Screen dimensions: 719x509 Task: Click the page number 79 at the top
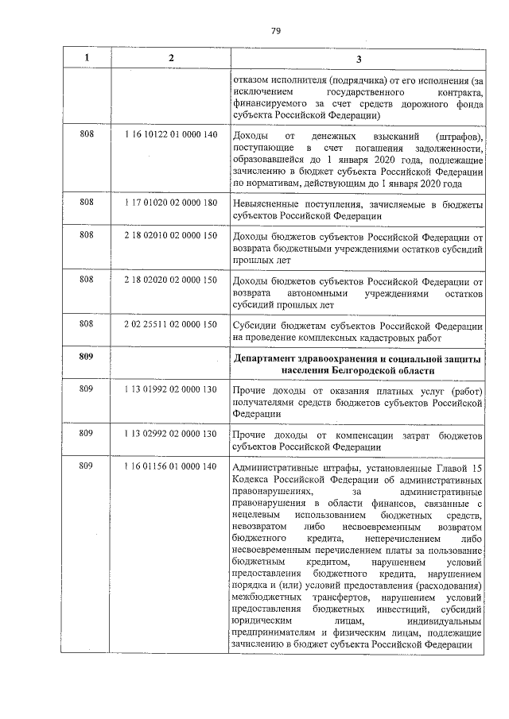[x=275, y=30]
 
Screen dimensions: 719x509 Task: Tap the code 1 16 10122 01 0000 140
[x=171, y=134]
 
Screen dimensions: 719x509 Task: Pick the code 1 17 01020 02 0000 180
[x=171, y=203]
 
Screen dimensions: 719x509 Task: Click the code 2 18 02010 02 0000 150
[x=171, y=237]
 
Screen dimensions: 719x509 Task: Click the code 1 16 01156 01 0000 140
[x=171, y=466]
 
